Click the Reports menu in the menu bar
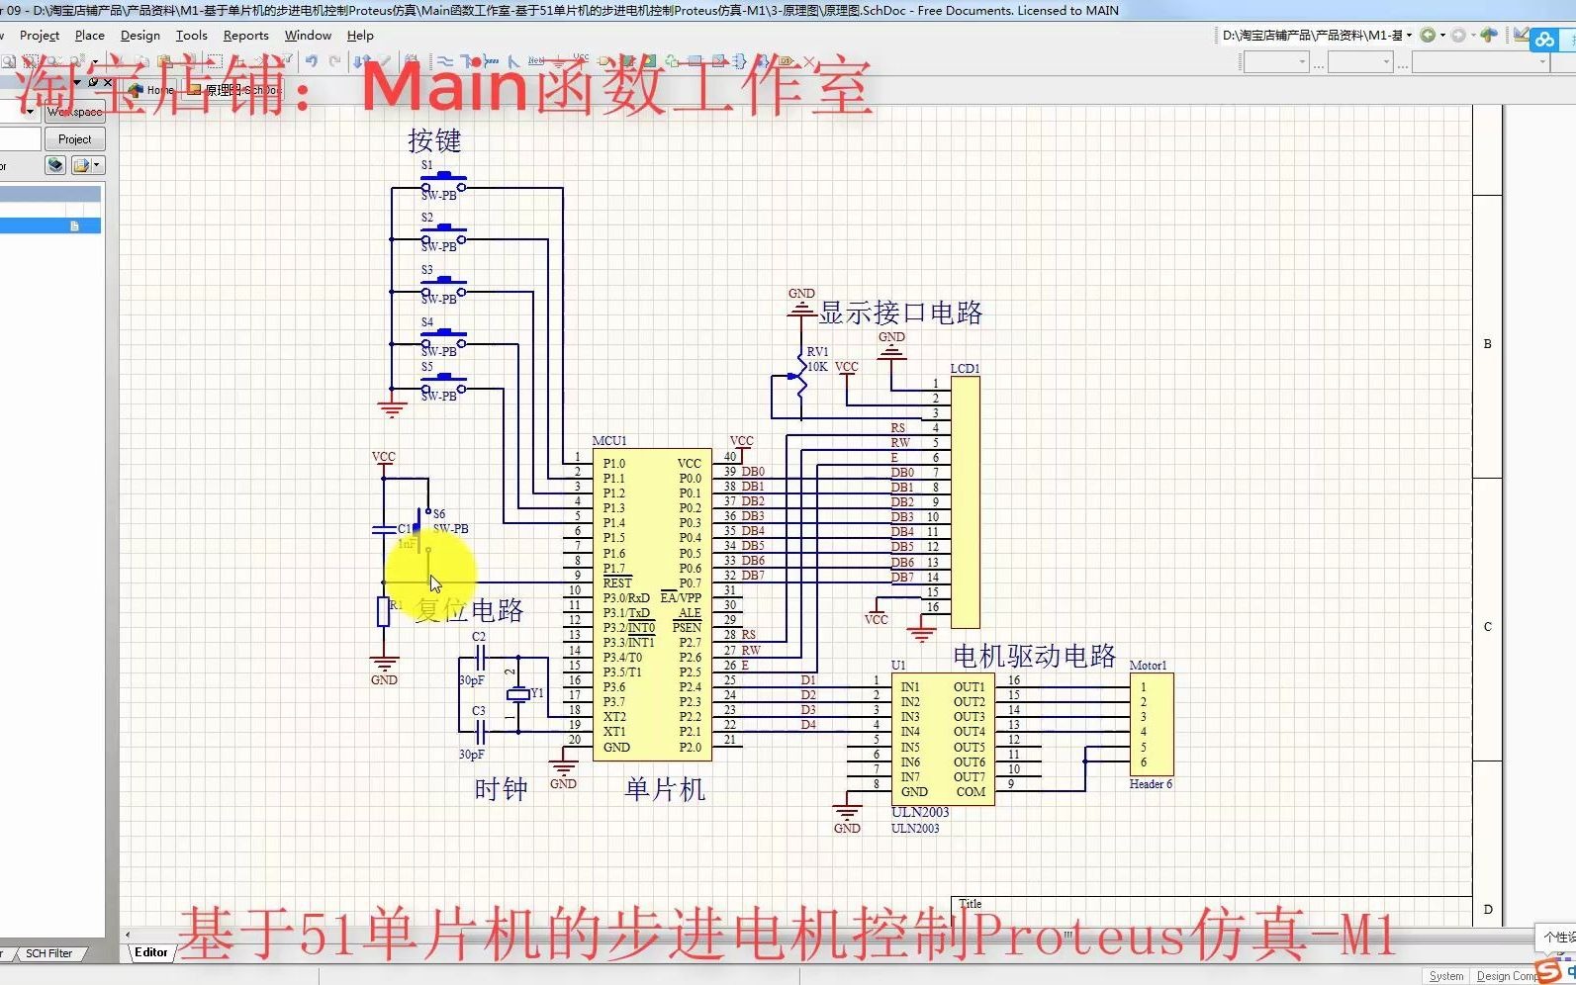coord(245,36)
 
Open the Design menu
coord(139,36)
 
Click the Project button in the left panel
coord(74,139)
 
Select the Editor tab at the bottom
coord(151,952)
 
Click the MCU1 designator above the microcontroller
coord(609,441)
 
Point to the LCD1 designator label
coord(965,369)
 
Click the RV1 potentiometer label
coord(817,352)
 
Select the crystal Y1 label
coord(537,693)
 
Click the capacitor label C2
coord(479,637)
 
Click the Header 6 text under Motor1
coord(1151,784)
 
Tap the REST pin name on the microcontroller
coord(617,583)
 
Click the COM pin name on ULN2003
coord(971,792)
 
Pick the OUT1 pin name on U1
coord(969,686)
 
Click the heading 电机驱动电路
coord(1034,656)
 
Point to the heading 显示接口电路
coord(900,313)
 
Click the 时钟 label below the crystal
coord(501,789)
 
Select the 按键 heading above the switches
coord(434,141)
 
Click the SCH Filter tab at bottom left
coord(48,953)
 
